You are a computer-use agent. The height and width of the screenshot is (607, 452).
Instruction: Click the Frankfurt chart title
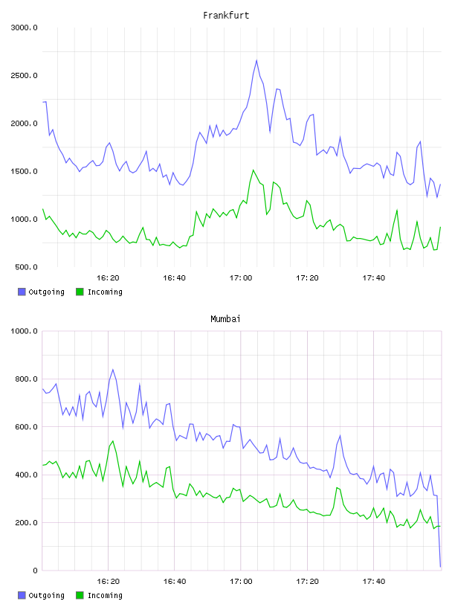[x=226, y=16]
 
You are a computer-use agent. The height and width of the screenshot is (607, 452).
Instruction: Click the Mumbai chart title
[x=225, y=319]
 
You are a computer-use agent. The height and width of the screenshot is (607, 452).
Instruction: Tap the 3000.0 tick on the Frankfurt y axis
[x=24, y=28]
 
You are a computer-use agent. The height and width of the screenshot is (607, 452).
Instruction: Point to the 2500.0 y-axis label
[x=24, y=75]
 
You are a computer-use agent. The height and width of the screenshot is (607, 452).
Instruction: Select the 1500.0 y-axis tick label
[x=24, y=172]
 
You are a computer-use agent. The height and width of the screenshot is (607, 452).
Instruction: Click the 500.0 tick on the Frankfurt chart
[x=26, y=267]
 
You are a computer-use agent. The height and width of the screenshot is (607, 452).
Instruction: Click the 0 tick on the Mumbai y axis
[x=35, y=571]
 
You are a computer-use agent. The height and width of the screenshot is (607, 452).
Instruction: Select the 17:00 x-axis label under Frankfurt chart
[x=241, y=278]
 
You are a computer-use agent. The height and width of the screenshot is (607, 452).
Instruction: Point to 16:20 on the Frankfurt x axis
[x=108, y=278]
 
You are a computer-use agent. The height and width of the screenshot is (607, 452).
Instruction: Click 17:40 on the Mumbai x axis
[x=374, y=582]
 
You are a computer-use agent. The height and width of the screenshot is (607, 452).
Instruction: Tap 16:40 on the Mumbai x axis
[x=175, y=582]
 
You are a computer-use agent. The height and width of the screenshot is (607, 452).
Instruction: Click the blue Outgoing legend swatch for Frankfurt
[x=22, y=292]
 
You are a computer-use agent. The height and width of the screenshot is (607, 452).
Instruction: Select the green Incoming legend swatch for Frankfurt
[x=80, y=292]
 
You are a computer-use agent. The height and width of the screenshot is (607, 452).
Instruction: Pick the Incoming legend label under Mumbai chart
[x=105, y=595]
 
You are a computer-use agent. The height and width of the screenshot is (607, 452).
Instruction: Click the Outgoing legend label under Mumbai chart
[x=46, y=595]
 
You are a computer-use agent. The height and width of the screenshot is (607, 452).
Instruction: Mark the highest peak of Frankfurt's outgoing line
[x=256, y=60]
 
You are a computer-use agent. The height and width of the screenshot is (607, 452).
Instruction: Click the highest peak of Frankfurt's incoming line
[x=253, y=170]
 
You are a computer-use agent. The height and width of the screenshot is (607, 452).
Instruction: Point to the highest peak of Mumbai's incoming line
[x=112, y=441]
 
